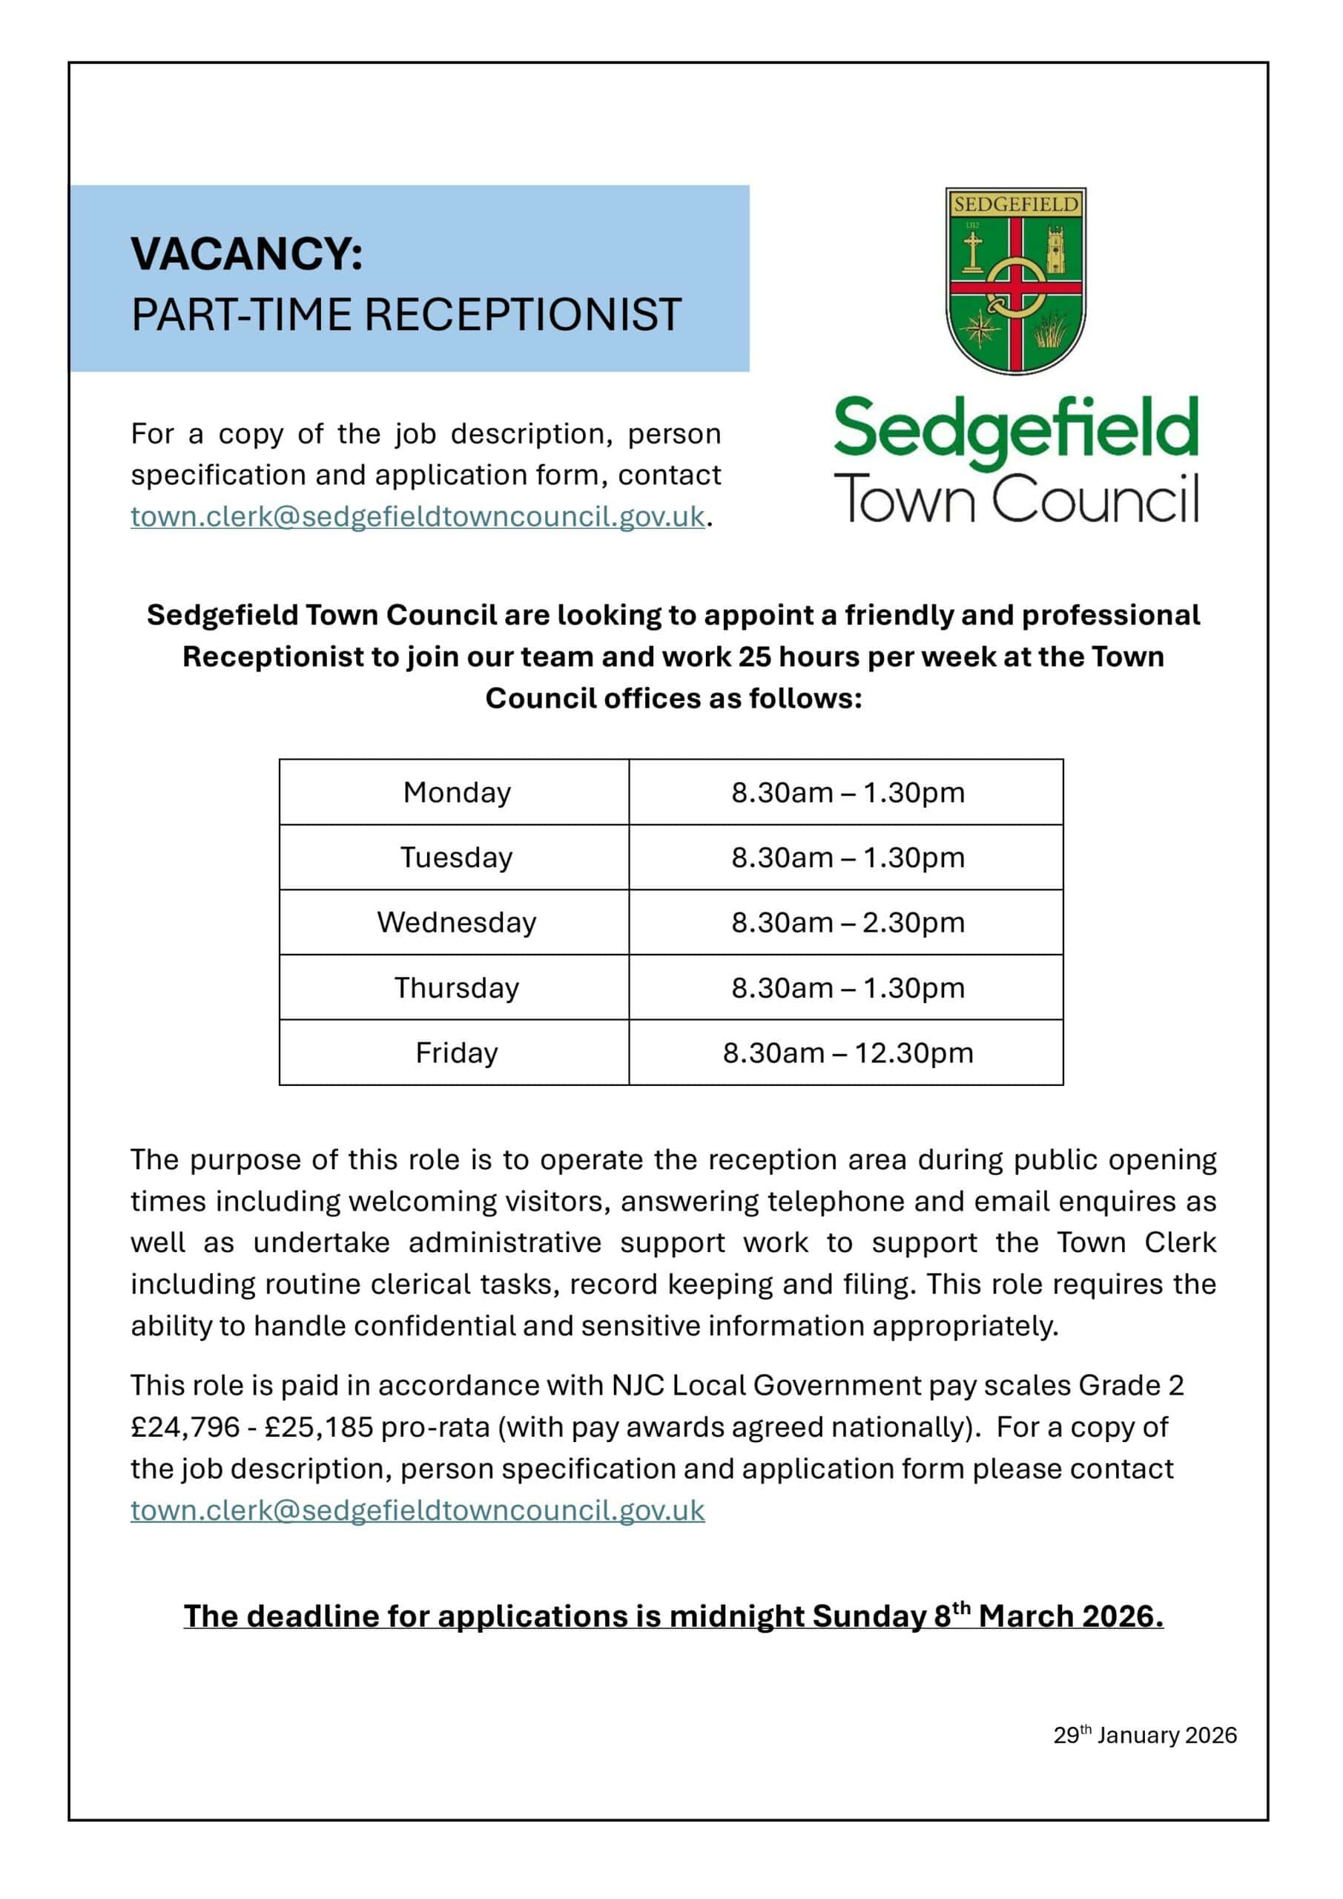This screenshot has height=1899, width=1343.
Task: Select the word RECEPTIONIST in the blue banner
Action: pos(522,315)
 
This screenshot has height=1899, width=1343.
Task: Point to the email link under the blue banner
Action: pos(418,517)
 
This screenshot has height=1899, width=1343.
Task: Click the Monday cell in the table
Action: pos(457,792)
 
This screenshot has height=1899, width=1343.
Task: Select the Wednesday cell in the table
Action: pos(457,922)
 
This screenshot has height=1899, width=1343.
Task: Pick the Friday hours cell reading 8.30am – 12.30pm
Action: pos(848,1053)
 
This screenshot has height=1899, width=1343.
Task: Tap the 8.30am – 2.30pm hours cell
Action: pos(848,922)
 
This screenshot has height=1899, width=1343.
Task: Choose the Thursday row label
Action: pos(457,987)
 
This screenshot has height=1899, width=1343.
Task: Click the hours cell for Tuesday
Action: pos(848,858)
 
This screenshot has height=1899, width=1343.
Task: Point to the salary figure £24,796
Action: pos(185,1426)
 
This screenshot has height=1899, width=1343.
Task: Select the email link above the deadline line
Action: pos(418,1510)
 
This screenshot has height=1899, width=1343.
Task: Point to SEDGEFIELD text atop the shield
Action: pos(1015,203)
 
